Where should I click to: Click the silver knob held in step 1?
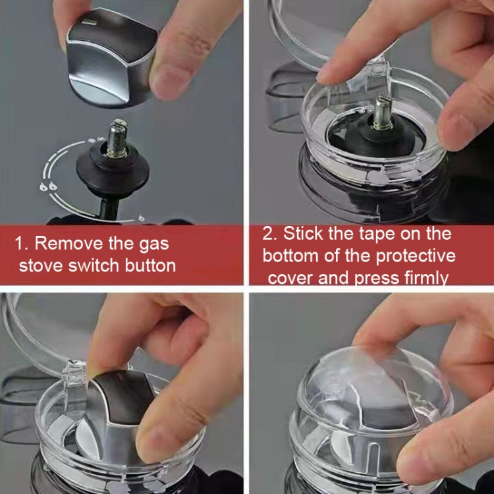coord(109,56)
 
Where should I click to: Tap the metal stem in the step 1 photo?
coord(118,138)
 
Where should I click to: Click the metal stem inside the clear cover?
coord(384,113)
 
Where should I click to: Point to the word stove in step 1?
coord(42,266)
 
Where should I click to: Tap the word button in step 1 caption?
coord(149,266)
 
